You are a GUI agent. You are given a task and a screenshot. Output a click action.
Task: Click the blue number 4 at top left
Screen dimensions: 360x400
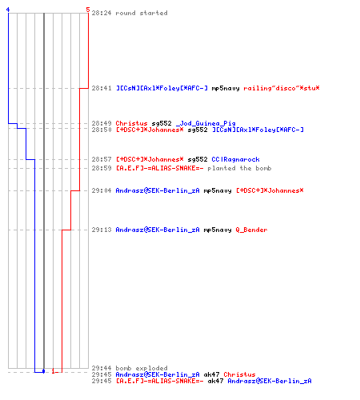(8, 10)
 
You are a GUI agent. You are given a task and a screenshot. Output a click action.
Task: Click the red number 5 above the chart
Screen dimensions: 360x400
(88, 10)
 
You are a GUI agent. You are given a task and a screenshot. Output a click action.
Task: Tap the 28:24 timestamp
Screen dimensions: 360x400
(102, 13)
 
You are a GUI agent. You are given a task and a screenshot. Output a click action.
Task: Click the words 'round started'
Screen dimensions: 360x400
(142, 13)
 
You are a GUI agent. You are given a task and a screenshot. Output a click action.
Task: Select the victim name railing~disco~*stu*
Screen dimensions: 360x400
(282, 88)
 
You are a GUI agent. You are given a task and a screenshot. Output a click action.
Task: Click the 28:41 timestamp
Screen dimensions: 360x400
(102, 88)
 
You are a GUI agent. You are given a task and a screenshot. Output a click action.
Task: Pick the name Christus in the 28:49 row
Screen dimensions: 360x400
(131, 123)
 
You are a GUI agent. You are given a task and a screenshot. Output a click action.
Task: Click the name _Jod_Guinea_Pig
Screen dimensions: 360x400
(206, 123)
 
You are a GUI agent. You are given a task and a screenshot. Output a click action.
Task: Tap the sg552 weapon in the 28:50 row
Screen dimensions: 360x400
(198, 130)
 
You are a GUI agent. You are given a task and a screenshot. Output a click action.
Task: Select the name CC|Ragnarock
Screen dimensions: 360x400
(235, 159)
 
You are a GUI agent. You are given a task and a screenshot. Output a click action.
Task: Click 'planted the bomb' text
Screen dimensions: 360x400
(239, 168)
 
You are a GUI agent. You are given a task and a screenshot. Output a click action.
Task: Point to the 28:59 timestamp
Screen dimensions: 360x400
(102, 168)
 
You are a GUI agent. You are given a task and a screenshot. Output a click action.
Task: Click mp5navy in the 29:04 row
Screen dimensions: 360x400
(218, 190)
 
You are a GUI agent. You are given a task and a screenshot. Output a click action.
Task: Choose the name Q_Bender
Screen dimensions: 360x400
(251, 230)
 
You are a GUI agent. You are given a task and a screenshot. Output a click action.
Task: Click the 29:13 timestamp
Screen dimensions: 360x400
(102, 230)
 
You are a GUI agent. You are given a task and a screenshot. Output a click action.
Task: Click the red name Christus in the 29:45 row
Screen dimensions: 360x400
(239, 374)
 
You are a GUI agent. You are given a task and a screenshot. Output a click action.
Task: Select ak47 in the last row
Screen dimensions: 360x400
(215, 381)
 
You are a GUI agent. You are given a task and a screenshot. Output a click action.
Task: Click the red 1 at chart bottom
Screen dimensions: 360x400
(54, 371)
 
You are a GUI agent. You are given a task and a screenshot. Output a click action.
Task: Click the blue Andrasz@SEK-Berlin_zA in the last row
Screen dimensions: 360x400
(270, 381)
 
